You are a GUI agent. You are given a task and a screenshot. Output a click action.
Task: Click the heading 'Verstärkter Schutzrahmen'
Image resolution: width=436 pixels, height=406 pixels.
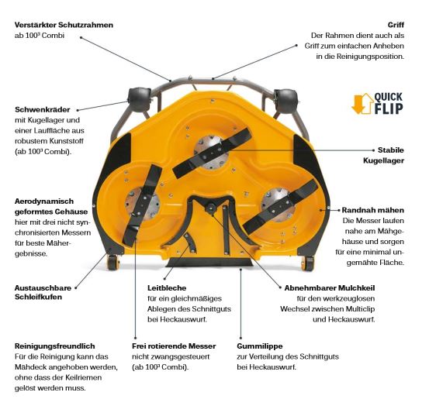pyautogui.click(x=64, y=25)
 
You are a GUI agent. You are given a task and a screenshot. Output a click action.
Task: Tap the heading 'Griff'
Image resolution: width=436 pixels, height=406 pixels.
pyautogui.click(x=396, y=25)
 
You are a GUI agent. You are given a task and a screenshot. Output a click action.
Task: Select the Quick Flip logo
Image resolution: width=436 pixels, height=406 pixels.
pyautogui.click(x=377, y=103)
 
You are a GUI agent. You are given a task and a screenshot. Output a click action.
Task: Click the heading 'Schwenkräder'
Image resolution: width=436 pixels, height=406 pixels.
pyautogui.click(x=42, y=109)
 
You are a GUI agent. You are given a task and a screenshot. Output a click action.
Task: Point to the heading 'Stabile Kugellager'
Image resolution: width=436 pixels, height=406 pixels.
pyautogui.click(x=384, y=155)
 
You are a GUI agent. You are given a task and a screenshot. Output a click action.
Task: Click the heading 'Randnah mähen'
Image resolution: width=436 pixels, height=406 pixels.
pyautogui.click(x=373, y=210)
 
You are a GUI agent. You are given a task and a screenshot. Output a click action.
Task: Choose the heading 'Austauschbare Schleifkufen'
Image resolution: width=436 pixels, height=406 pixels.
pyautogui.click(x=43, y=292)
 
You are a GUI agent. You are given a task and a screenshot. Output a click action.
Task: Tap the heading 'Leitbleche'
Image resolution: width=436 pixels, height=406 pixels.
pyautogui.click(x=167, y=288)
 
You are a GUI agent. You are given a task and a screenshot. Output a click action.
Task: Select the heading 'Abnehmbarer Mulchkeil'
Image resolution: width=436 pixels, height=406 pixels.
pyautogui.click(x=330, y=288)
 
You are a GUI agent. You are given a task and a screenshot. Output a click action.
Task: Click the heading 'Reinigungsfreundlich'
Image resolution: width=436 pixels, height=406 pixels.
pyautogui.click(x=55, y=346)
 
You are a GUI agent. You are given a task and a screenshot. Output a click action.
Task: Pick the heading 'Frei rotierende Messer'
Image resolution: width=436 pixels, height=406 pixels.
pyautogui.click(x=174, y=346)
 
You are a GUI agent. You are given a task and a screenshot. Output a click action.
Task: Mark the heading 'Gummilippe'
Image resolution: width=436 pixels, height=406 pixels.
pyautogui.click(x=260, y=346)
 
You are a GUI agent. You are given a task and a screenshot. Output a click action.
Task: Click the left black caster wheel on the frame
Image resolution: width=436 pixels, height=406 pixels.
pyautogui.click(x=139, y=99)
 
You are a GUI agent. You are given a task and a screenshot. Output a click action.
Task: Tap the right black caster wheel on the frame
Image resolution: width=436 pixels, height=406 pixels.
pyautogui.click(x=285, y=101)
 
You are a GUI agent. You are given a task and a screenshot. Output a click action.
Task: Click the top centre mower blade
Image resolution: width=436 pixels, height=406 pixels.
pyautogui.click(x=212, y=153)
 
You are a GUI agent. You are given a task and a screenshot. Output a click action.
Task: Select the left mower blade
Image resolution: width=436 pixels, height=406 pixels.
pyautogui.click(x=143, y=205)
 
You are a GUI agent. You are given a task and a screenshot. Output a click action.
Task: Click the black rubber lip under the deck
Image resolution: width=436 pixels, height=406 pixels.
pyautogui.click(x=209, y=262)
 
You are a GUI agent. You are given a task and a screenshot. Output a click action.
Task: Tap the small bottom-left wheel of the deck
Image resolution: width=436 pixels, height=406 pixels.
pyautogui.click(x=113, y=263)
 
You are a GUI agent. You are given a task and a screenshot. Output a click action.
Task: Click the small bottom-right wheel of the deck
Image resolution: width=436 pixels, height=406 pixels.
pyautogui.click(x=308, y=263)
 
